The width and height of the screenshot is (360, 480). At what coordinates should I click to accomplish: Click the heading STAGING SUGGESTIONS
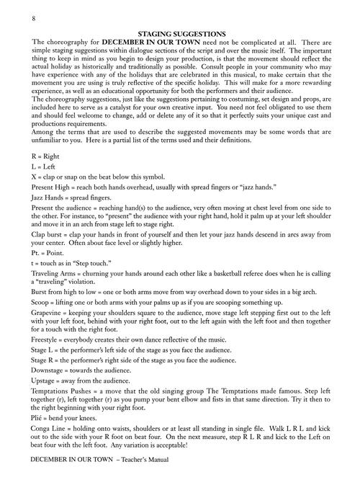[x=180, y=34]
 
